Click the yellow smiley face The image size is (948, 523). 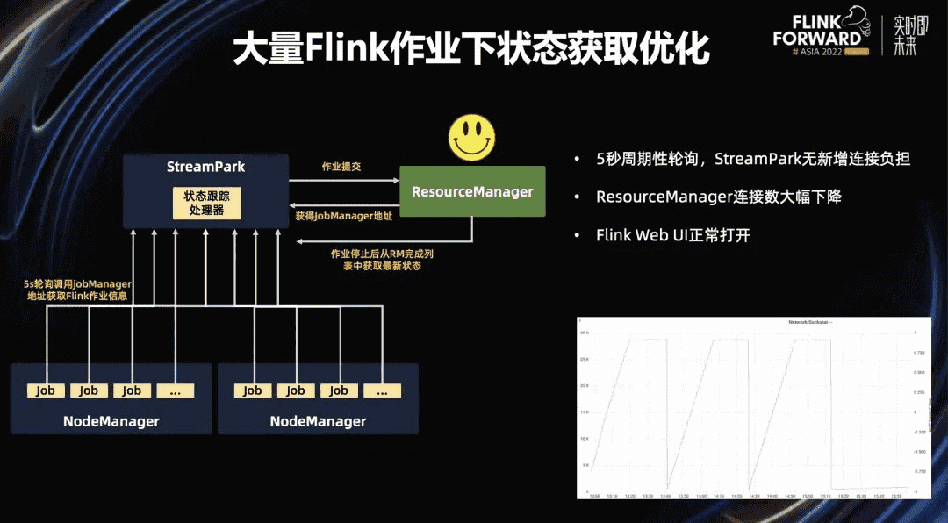pyautogui.click(x=472, y=137)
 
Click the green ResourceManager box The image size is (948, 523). pyautogui.click(x=472, y=191)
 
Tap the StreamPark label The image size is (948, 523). pyautogui.click(x=205, y=167)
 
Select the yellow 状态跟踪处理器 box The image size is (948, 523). pyautogui.click(x=205, y=204)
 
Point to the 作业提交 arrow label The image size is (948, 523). pyautogui.click(x=341, y=167)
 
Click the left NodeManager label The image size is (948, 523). pyautogui.click(x=111, y=421)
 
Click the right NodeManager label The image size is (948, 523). pyautogui.click(x=318, y=421)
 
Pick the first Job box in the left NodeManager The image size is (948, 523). pyautogui.click(x=46, y=390)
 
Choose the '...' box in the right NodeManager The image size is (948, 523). pyautogui.click(x=382, y=390)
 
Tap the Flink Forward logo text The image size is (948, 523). pyautogui.click(x=816, y=30)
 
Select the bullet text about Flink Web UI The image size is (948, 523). pyautogui.click(x=673, y=235)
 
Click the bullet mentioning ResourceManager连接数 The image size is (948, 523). pyautogui.click(x=718, y=197)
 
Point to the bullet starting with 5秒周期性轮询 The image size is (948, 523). pyautogui.click(x=752, y=159)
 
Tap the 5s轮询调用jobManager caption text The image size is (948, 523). pyautogui.click(x=78, y=290)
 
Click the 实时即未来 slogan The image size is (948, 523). pyautogui.click(x=905, y=35)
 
